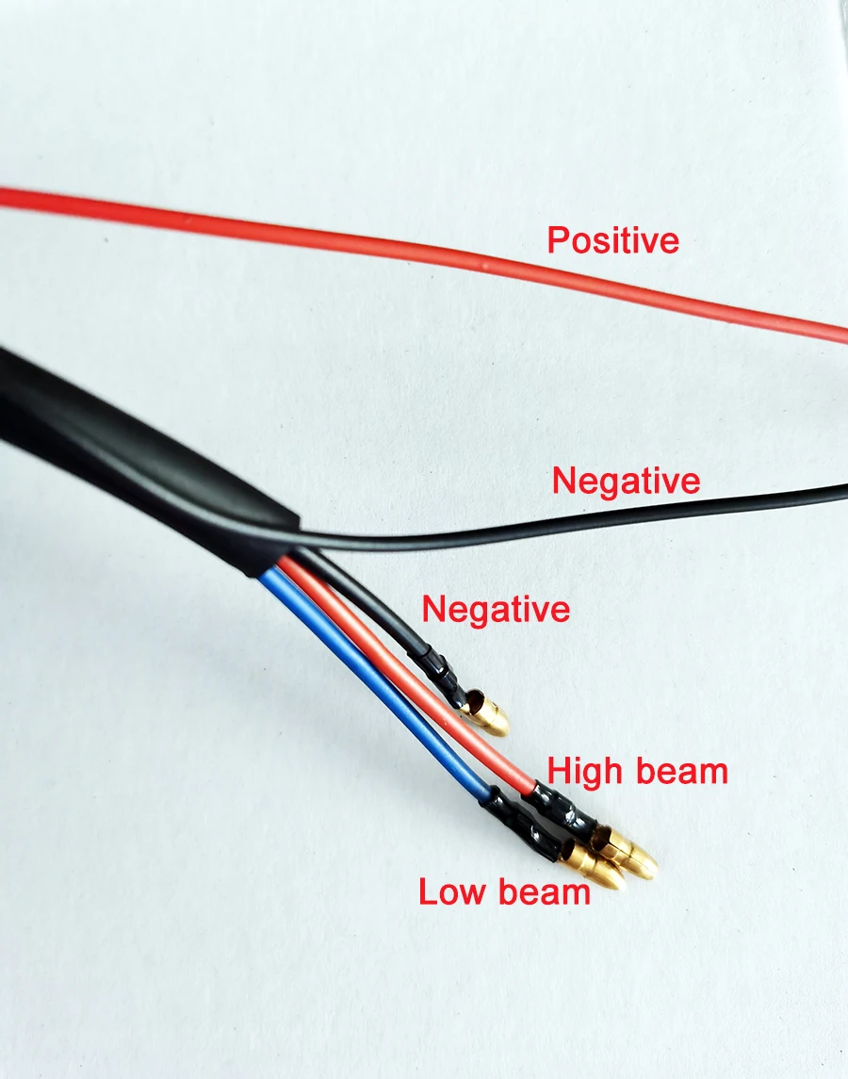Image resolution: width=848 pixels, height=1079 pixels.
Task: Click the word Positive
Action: point(612,240)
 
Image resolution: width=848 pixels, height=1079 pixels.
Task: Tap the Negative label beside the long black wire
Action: point(626,482)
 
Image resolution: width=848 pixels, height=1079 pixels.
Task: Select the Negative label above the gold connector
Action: point(496,609)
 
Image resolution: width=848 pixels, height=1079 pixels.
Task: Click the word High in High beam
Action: point(584,772)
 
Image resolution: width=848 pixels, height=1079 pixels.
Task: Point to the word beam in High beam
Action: point(683,772)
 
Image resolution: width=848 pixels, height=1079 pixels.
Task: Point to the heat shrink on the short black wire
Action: point(437,664)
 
